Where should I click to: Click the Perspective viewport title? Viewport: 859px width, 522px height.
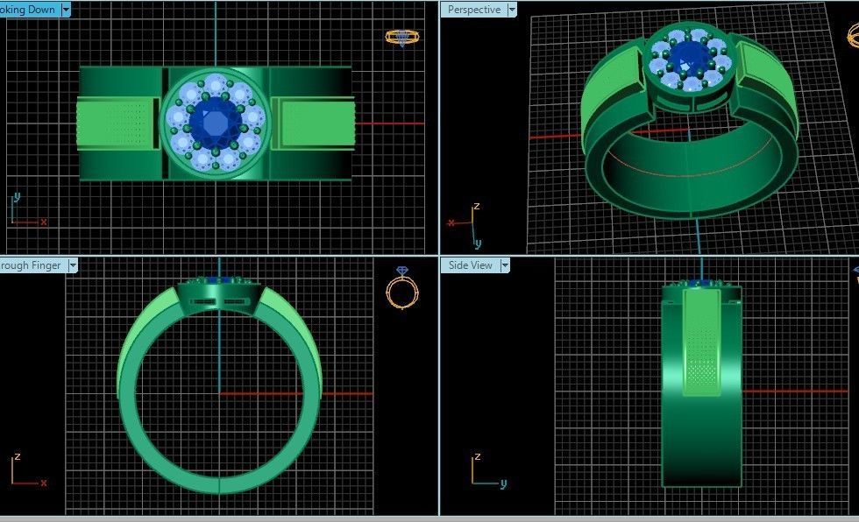click(474, 10)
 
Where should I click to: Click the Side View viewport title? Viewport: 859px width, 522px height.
click(471, 265)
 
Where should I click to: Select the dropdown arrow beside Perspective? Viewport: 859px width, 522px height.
click(512, 10)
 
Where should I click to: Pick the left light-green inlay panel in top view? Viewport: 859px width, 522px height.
click(117, 122)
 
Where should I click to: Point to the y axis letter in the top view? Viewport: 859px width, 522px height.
click(17, 196)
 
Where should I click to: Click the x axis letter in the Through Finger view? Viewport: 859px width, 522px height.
click(43, 483)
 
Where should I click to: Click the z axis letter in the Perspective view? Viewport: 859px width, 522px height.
click(476, 207)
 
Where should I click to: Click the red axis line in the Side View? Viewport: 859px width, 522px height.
click(789, 391)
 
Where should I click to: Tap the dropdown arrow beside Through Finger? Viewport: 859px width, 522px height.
click(73, 265)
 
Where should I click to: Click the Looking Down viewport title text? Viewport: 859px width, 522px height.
click(28, 10)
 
